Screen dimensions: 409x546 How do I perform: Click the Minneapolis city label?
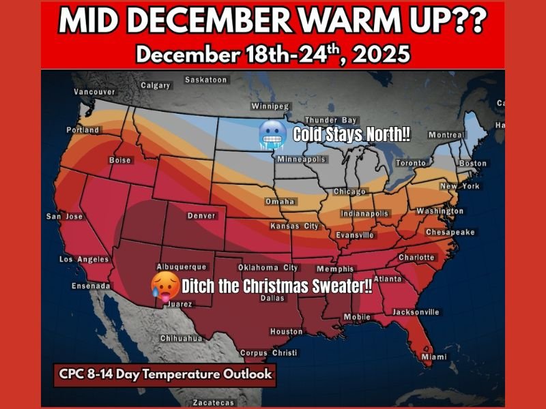click(301, 160)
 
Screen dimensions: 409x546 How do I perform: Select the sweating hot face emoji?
click(165, 287)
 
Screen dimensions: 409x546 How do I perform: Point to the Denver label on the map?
click(201, 216)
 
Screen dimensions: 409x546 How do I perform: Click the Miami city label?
click(435, 357)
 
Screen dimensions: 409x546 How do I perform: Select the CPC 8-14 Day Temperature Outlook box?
click(166, 374)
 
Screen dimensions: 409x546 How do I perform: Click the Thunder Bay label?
click(331, 121)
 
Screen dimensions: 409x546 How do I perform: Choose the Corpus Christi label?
click(268, 353)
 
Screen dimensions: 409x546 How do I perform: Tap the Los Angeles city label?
click(84, 260)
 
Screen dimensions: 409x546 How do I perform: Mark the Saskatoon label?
click(205, 80)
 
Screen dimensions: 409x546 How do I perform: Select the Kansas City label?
click(294, 226)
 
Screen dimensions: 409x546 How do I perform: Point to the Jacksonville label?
click(416, 312)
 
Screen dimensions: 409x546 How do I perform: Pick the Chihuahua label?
click(182, 338)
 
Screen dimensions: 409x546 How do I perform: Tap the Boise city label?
click(120, 160)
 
